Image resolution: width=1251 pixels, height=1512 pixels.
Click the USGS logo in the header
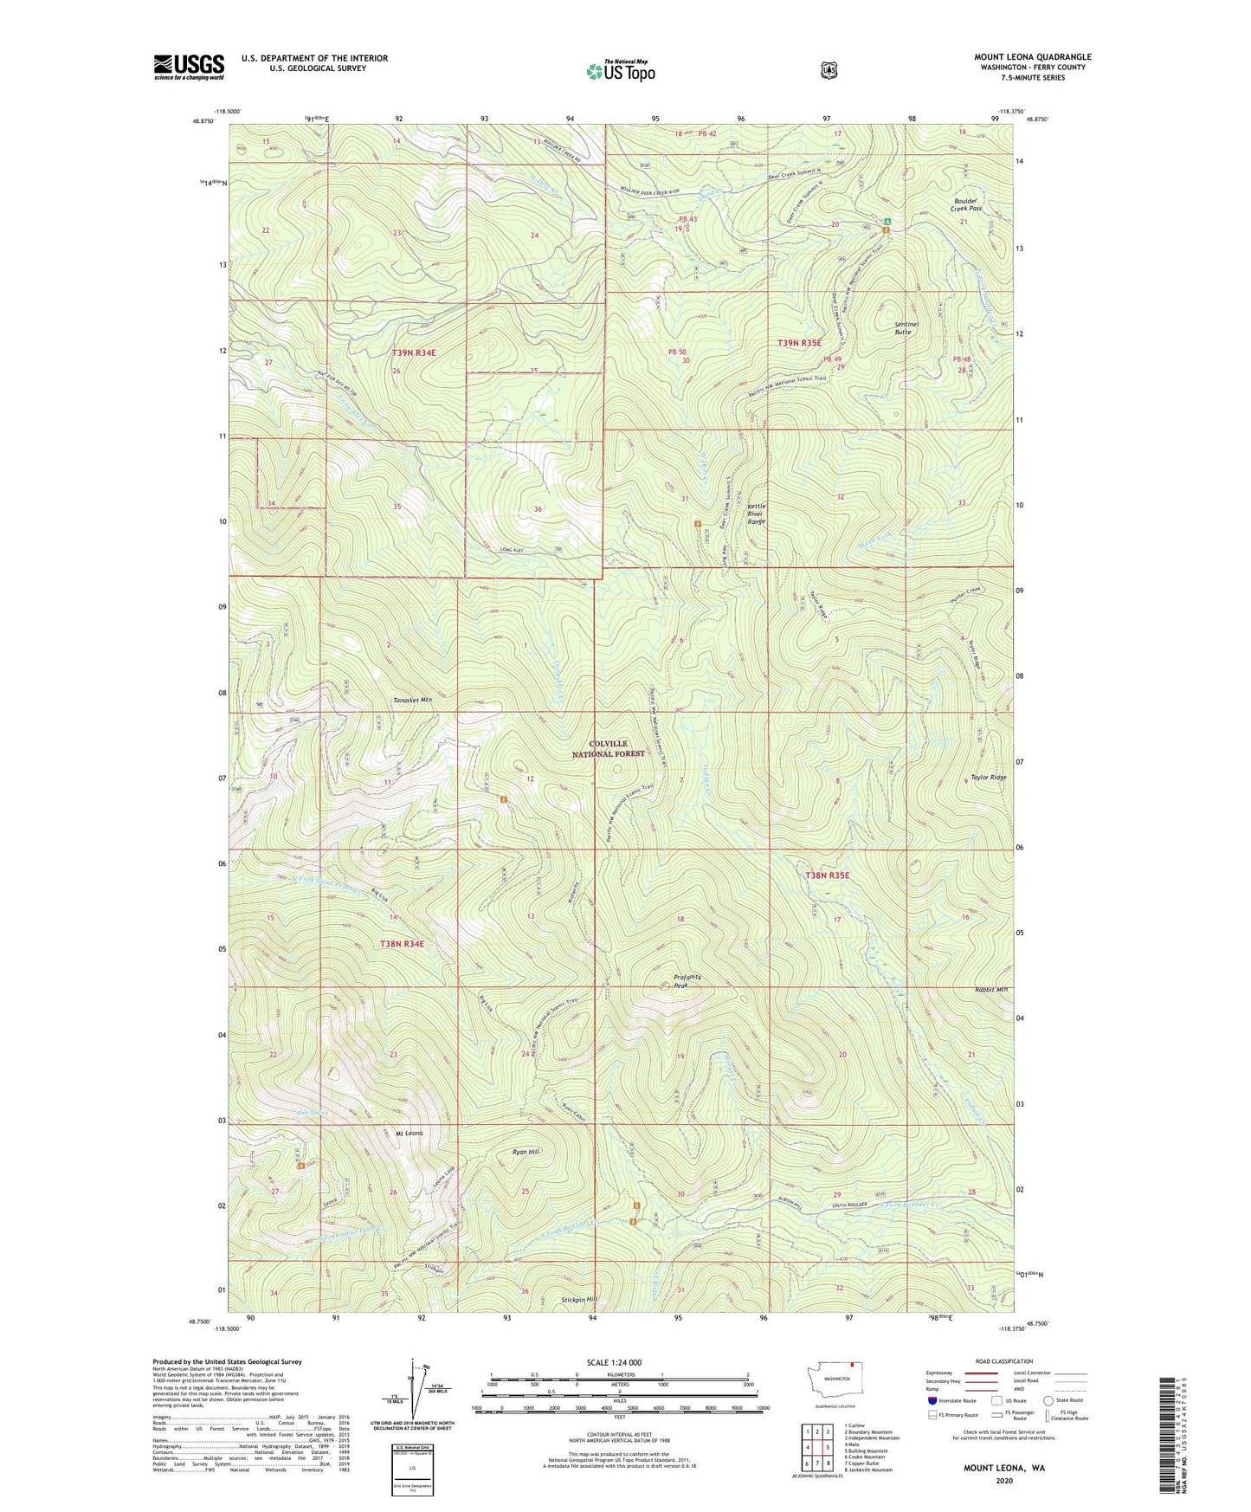click(x=189, y=67)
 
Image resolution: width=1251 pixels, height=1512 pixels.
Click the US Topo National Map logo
click(x=620, y=70)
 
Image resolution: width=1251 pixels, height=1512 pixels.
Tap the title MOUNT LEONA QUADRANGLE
click(x=1032, y=57)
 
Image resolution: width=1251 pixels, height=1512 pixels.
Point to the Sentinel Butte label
click(x=906, y=327)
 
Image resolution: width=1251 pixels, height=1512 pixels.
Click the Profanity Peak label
click(x=687, y=981)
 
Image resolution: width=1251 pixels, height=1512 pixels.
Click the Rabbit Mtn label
click(x=990, y=989)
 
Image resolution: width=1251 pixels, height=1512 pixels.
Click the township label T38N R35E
click(x=828, y=876)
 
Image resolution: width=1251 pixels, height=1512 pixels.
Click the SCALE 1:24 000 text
click(x=614, y=1362)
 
